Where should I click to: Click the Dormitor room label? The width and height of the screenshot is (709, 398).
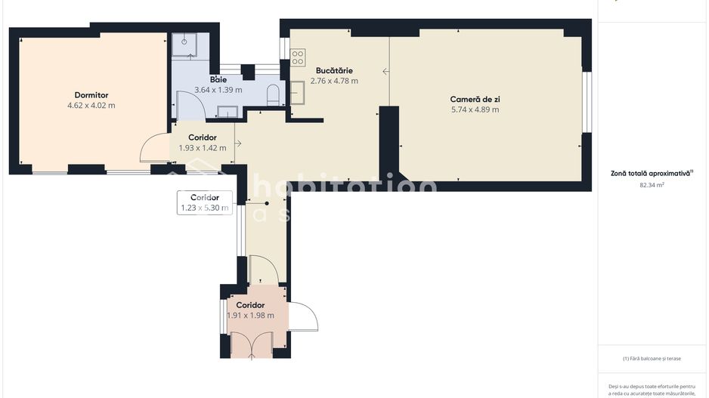tap(91, 95)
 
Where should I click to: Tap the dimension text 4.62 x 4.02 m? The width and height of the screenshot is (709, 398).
tap(91, 106)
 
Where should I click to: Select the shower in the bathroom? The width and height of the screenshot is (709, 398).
tap(184, 45)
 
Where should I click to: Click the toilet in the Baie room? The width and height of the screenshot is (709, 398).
tap(274, 94)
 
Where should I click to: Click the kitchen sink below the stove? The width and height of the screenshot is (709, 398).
tap(297, 92)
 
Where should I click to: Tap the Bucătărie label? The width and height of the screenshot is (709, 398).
tap(334, 70)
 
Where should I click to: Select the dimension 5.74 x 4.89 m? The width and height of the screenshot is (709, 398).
tap(474, 110)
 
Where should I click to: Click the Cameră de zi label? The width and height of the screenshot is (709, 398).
tap(474, 99)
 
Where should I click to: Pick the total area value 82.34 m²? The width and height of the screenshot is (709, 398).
tap(652, 184)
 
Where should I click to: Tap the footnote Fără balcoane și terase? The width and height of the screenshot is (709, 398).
tap(652, 359)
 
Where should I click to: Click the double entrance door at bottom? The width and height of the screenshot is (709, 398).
tap(252, 344)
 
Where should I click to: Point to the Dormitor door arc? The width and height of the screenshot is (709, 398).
tap(153, 147)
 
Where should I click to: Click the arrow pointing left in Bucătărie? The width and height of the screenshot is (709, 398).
tap(385, 72)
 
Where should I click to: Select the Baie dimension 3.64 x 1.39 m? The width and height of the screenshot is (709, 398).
tap(218, 89)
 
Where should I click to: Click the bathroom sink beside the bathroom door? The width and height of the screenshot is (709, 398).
tap(227, 112)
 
